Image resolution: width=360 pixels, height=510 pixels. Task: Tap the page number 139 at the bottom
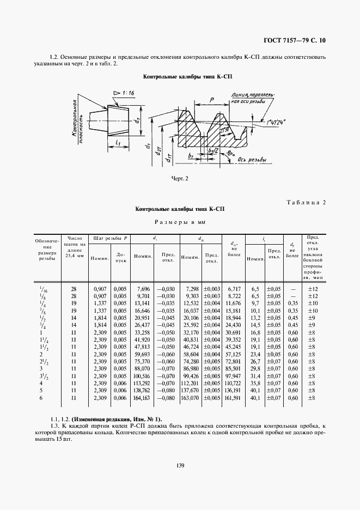(180, 465)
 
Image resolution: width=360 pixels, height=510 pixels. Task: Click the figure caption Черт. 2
(180, 178)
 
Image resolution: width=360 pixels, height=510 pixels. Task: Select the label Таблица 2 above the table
(306, 203)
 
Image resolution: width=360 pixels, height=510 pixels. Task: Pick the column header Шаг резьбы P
(110, 238)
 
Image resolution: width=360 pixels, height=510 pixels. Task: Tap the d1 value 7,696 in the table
(144, 288)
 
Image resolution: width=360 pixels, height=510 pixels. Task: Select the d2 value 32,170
(190, 332)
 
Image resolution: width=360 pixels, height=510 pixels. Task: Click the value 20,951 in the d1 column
(142, 317)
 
